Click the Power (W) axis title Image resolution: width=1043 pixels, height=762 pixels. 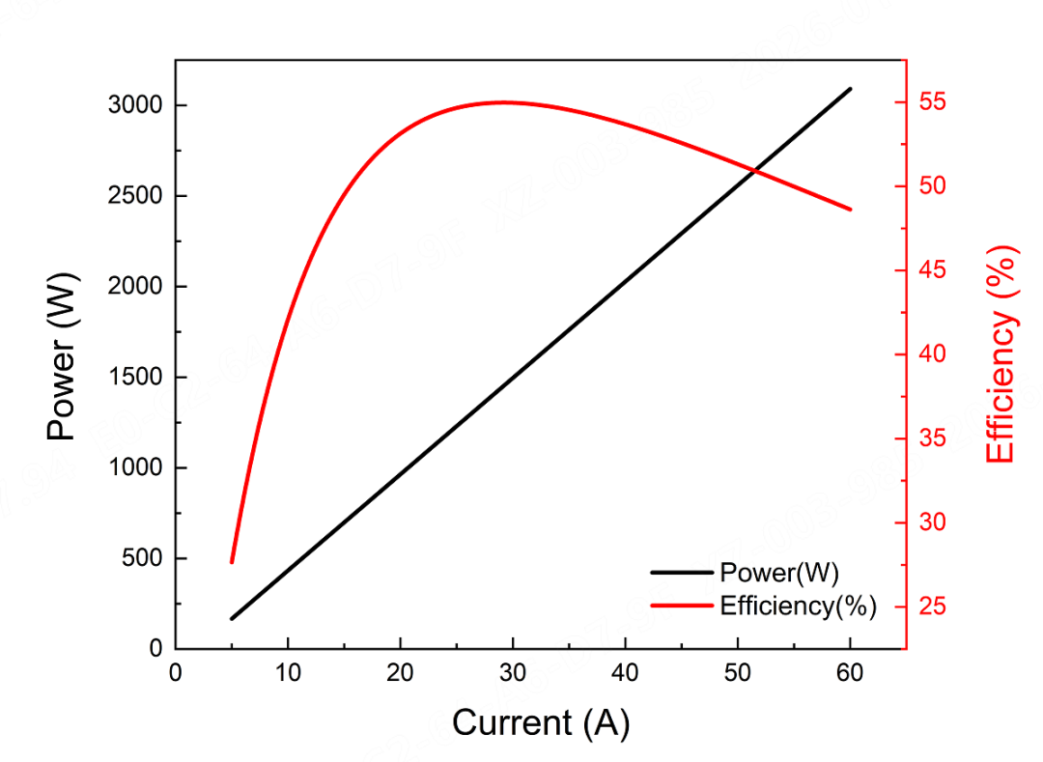pyautogui.click(x=62, y=356)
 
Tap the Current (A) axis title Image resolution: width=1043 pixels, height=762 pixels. pyautogui.click(x=541, y=722)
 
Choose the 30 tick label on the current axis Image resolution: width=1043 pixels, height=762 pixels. pyautogui.click(x=513, y=673)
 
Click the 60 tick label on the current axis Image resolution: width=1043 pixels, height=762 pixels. pyautogui.click(x=850, y=673)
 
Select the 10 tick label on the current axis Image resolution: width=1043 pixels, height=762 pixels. pyautogui.click(x=288, y=673)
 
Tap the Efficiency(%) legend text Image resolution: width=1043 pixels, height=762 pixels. pyautogui.click(x=798, y=607)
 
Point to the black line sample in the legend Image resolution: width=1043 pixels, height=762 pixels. pyautogui.click(x=683, y=573)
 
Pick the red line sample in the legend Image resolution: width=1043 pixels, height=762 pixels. pyautogui.click(x=683, y=607)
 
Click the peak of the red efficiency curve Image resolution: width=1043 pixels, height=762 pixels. pyautogui.click(x=503, y=101)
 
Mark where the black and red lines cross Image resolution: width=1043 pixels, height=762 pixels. pyautogui.click(x=753, y=171)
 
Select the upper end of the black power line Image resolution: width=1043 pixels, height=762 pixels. pyautogui.click(x=851, y=88)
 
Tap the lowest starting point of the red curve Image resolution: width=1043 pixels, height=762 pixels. pyautogui.click(x=232, y=562)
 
